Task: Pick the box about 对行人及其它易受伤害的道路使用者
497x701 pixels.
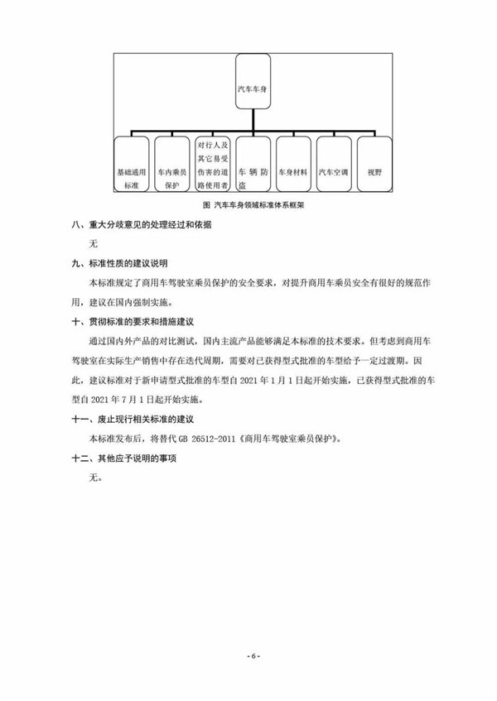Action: coord(213,166)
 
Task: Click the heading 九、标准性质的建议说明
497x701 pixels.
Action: coord(120,264)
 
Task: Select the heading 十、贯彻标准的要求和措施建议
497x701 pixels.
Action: coord(138,321)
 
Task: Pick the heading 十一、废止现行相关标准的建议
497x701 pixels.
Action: coord(138,416)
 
